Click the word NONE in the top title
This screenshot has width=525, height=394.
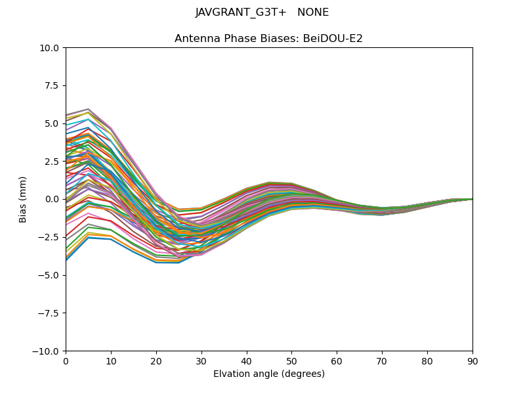313,12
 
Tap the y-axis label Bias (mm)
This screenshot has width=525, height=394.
23,199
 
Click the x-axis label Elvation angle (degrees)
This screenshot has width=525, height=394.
268,374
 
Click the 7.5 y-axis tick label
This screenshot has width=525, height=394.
52,85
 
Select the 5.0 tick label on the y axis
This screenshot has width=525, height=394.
52,123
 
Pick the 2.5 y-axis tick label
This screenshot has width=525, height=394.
52,162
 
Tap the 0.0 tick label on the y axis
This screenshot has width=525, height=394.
52,199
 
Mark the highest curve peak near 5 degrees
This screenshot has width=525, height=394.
88,109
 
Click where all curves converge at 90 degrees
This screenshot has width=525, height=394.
472,199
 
